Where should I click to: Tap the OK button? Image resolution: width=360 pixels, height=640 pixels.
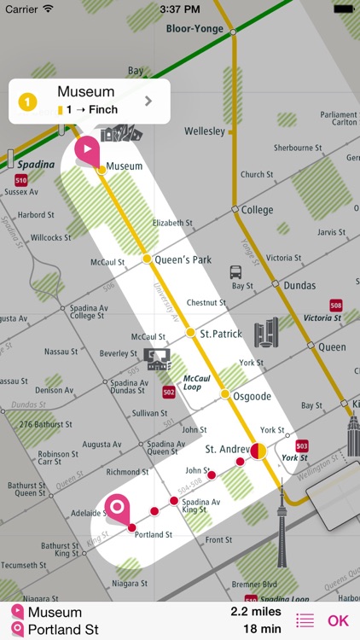(x=338, y=620)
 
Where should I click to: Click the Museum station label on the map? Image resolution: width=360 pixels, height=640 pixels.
(x=125, y=166)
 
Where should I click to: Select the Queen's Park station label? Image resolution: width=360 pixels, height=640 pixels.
(x=182, y=259)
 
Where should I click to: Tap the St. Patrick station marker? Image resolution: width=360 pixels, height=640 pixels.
(x=190, y=333)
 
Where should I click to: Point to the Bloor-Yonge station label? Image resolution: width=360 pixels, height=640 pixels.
(x=196, y=29)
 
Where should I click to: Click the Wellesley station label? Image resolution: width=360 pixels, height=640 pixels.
(x=205, y=131)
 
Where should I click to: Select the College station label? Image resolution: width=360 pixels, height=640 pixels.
(x=257, y=210)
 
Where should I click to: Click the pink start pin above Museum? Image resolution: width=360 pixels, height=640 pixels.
(x=87, y=149)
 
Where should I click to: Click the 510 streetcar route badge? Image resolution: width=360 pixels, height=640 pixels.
(x=20, y=180)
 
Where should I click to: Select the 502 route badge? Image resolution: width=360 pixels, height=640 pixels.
(x=169, y=392)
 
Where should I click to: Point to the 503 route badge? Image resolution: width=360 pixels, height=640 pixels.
(x=302, y=445)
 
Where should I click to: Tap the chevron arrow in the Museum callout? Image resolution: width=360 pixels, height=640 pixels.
(x=148, y=101)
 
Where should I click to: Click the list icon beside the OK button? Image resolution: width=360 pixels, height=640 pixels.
(x=305, y=620)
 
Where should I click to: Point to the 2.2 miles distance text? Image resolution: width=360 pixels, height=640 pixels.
(x=256, y=612)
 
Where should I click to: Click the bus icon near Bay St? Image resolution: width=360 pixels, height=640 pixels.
(x=236, y=272)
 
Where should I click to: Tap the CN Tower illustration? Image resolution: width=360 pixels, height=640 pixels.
(x=282, y=521)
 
